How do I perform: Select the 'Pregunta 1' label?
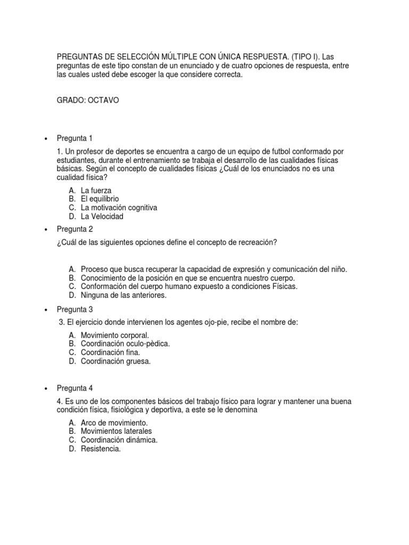(x=75, y=138)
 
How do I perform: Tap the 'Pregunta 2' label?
(x=75, y=229)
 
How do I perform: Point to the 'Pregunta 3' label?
(x=75, y=309)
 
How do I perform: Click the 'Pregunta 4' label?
(x=75, y=388)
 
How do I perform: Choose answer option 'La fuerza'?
(x=96, y=190)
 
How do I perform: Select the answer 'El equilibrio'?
(x=100, y=199)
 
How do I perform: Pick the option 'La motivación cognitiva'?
(x=119, y=208)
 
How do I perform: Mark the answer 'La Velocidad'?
(x=102, y=217)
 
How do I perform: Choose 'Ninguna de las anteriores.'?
(x=124, y=295)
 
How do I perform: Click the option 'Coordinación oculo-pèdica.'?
(x=125, y=344)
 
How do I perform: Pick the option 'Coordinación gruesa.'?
(x=116, y=361)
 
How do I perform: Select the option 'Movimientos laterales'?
(x=116, y=431)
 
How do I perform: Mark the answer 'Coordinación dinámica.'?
(x=119, y=440)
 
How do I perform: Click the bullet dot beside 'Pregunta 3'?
(x=46, y=310)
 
